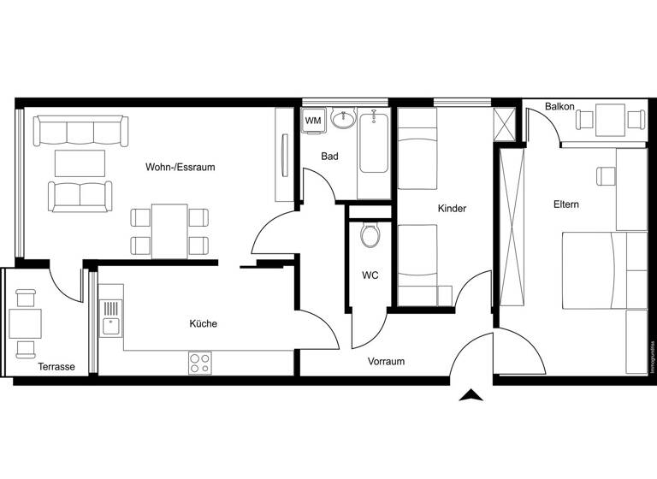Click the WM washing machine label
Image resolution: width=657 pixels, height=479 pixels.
[x=314, y=121]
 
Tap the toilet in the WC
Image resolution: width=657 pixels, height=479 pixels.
[x=370, y=234]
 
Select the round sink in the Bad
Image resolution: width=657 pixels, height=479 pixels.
[x=344, y=120]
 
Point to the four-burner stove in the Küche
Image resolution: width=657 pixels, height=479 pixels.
[x=199, y=363]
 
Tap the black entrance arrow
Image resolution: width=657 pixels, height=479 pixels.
[x=471, y=395]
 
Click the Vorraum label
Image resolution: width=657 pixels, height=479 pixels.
[x=386, y=362]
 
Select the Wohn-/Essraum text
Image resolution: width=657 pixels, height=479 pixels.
[x=180, y=168]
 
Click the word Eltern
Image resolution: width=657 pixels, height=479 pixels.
[x=565, y=204]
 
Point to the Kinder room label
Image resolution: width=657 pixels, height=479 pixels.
[x=451, y=209]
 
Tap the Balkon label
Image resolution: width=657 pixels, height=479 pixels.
[x=559, y=107]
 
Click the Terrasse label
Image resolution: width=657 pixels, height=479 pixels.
[x=56, y=367]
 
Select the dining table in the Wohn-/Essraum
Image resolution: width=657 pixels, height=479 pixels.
[x=169, y=231]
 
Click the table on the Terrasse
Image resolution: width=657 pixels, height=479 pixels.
[x=25, y=323]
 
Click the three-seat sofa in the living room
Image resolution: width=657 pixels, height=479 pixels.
[x=80, y=132]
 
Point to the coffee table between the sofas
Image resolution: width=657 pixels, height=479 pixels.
[x=80, y=163]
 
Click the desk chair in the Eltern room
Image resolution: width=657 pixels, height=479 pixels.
[x=607, y=176]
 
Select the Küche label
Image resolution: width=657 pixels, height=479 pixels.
[x=203, y=324]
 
